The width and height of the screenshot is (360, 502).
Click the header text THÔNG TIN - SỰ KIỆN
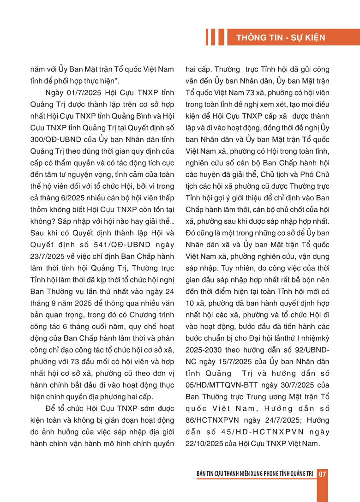coord(281,37)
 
